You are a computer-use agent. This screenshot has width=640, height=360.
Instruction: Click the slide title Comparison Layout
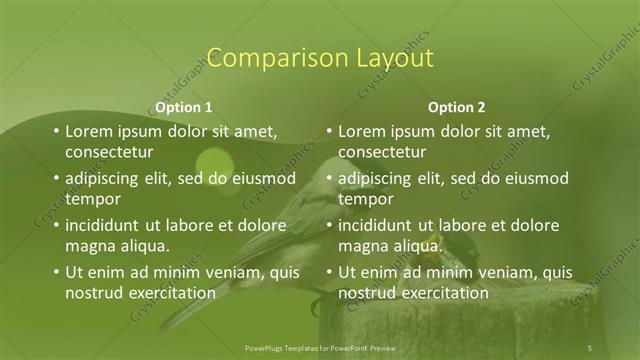tap(319, 57)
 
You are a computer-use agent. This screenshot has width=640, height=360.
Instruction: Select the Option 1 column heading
tap(185, 107)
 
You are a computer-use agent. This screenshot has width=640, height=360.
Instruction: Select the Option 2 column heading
tap(456, 107)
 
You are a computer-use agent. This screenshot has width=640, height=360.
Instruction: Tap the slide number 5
tap(590, 347)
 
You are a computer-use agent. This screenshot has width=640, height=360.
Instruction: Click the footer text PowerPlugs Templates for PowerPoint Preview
tap(319, 347)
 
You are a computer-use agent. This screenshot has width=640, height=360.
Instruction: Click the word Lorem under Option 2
tap(363, 131)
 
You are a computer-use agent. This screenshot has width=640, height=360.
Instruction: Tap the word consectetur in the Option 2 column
tap(382, 152)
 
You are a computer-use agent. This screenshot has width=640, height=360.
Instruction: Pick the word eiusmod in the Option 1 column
tap(262, 178)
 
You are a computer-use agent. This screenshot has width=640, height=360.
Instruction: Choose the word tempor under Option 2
tap(366, 199)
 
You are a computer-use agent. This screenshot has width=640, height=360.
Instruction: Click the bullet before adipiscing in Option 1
tap(56, 179)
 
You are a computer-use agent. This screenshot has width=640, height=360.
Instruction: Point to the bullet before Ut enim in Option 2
tap(329, 273)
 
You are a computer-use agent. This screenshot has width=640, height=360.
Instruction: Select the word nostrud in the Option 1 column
tap(95, 293)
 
